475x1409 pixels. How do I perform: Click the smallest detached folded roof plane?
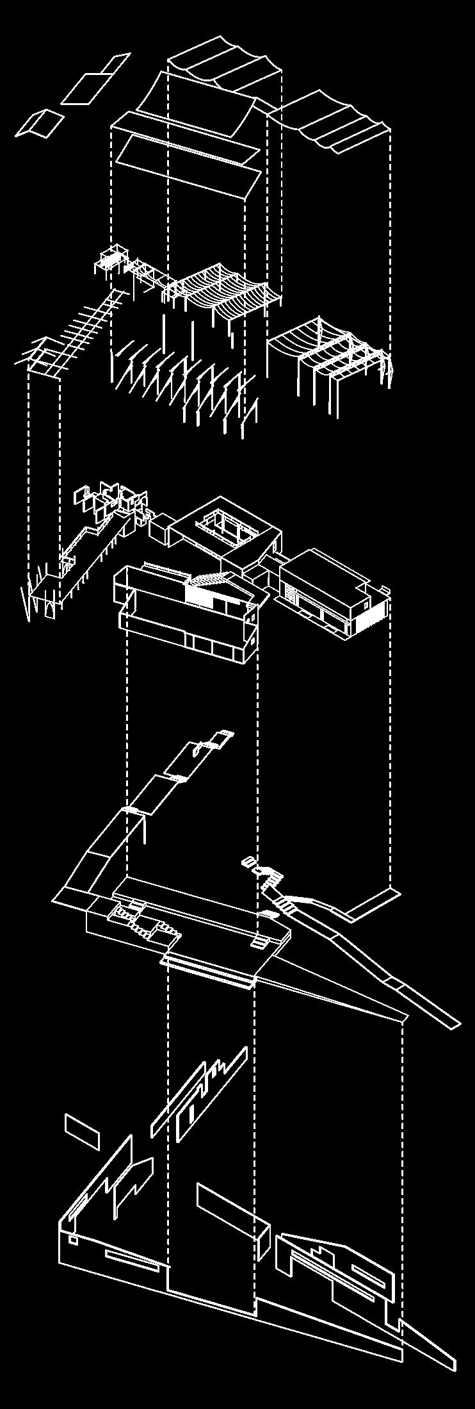(40, 123)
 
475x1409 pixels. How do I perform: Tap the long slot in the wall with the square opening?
(132, 1259)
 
